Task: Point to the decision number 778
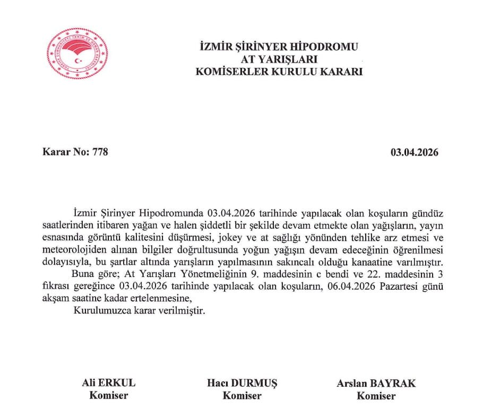(100, 152)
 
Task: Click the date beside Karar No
(415, 152)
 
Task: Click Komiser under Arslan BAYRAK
(376, 396)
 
